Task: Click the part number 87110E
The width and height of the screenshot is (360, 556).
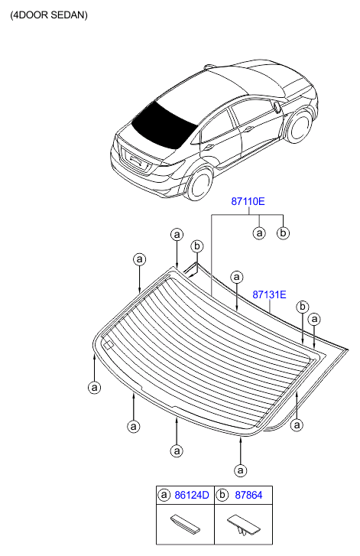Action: [248, 201]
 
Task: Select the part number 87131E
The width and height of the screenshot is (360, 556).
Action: [269, 294]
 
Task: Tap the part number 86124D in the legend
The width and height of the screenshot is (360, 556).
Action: [192, 495]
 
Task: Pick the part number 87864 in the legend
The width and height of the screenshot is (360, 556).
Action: [248, 495]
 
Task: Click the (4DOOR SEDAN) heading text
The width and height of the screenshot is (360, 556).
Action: [49, 15]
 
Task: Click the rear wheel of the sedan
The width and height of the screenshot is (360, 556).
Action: [200, 184]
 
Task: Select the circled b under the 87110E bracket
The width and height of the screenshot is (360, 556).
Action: [283, 233]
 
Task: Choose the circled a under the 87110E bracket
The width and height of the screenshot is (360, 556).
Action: [259, 233]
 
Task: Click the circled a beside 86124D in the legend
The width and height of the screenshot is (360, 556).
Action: [164, 495]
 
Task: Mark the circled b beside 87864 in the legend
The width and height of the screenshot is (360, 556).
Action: [222, 495]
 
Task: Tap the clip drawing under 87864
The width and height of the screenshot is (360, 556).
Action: [243, 525]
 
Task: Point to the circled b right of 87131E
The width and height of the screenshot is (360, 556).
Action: [302, 307]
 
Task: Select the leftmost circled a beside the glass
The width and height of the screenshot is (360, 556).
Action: [94, 387]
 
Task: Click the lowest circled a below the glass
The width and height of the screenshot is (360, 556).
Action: [241, 470]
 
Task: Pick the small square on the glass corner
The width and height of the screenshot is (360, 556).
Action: [108, 345]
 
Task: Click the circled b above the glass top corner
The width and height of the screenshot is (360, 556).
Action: [197, 246]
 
